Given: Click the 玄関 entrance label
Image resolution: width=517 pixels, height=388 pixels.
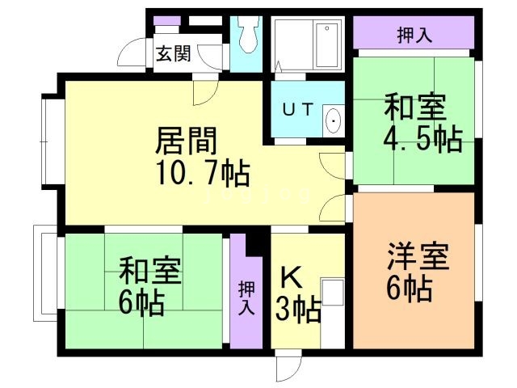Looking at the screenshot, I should click(173, 54).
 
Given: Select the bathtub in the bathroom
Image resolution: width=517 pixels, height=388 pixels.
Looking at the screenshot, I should click(326, 45).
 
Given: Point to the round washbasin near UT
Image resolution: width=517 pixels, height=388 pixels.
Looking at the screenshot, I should click(333, 123).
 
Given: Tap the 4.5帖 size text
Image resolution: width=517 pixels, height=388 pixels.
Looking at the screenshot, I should click(422, 139).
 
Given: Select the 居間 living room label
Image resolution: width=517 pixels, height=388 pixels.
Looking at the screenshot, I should click(187, 141).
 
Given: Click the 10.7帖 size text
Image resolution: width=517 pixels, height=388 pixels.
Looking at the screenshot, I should click(202, 171).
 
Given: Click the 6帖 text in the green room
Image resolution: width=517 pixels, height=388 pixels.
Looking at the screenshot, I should click(142, 303).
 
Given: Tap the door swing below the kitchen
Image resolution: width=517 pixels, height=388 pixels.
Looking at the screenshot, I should click(287, 368).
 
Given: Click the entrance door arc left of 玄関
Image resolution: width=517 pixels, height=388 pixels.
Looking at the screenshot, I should click(132, 54).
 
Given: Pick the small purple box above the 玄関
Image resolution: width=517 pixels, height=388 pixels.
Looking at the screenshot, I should click(167, 19).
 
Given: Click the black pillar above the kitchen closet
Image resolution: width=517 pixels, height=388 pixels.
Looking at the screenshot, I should click(257, 240).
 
